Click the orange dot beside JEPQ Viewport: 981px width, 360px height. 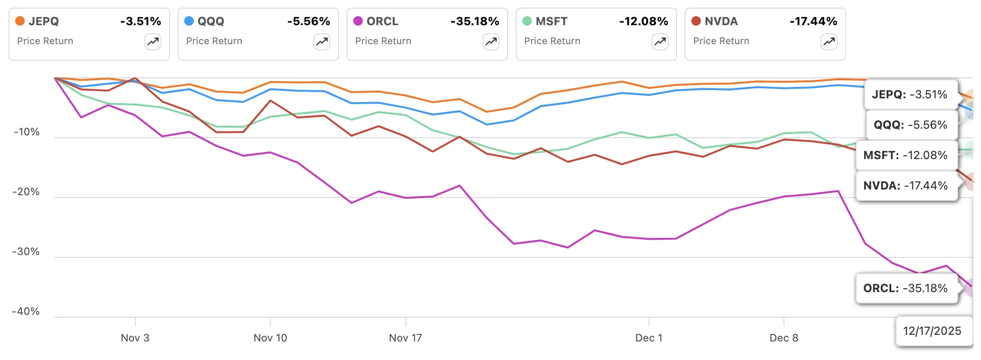pos(20,21)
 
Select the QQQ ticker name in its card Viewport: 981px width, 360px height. pos(210,21)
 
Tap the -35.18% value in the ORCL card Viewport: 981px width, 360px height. pos(474,21)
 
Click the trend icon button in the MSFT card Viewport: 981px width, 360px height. pos(660,42)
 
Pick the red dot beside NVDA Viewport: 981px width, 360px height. pos(696,21)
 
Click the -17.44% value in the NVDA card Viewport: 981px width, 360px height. pos(813,21)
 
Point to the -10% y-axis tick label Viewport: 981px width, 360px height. pos(27,132)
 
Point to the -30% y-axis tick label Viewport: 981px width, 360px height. pos(26,252)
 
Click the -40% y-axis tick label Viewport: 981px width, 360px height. pos(26,312)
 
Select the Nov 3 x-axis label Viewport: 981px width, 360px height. pos(135,338)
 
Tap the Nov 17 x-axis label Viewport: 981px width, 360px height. pos(405,338)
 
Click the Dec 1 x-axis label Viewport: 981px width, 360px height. pos(649,338)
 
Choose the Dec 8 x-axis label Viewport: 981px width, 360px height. pos(783,338)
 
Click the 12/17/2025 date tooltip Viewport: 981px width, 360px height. pos(932,331)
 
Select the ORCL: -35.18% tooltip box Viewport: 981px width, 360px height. pos(905,288)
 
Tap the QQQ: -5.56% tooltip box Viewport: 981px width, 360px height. pos(910,125)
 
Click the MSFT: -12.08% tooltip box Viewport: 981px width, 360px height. pos(905,155)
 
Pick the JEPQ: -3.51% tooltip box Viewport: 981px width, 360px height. pos(909,95)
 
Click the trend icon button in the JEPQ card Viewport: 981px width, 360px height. pos(153,42)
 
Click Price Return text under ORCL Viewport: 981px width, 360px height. pos(383,41)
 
